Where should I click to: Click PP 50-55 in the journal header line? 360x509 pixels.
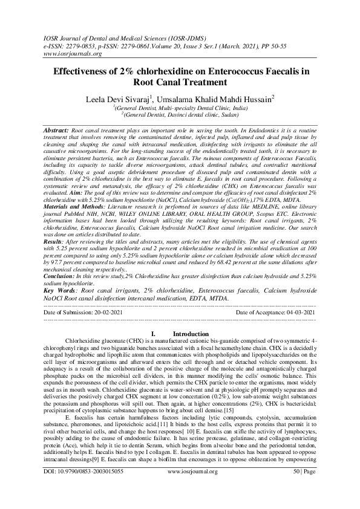pos(307,45)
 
